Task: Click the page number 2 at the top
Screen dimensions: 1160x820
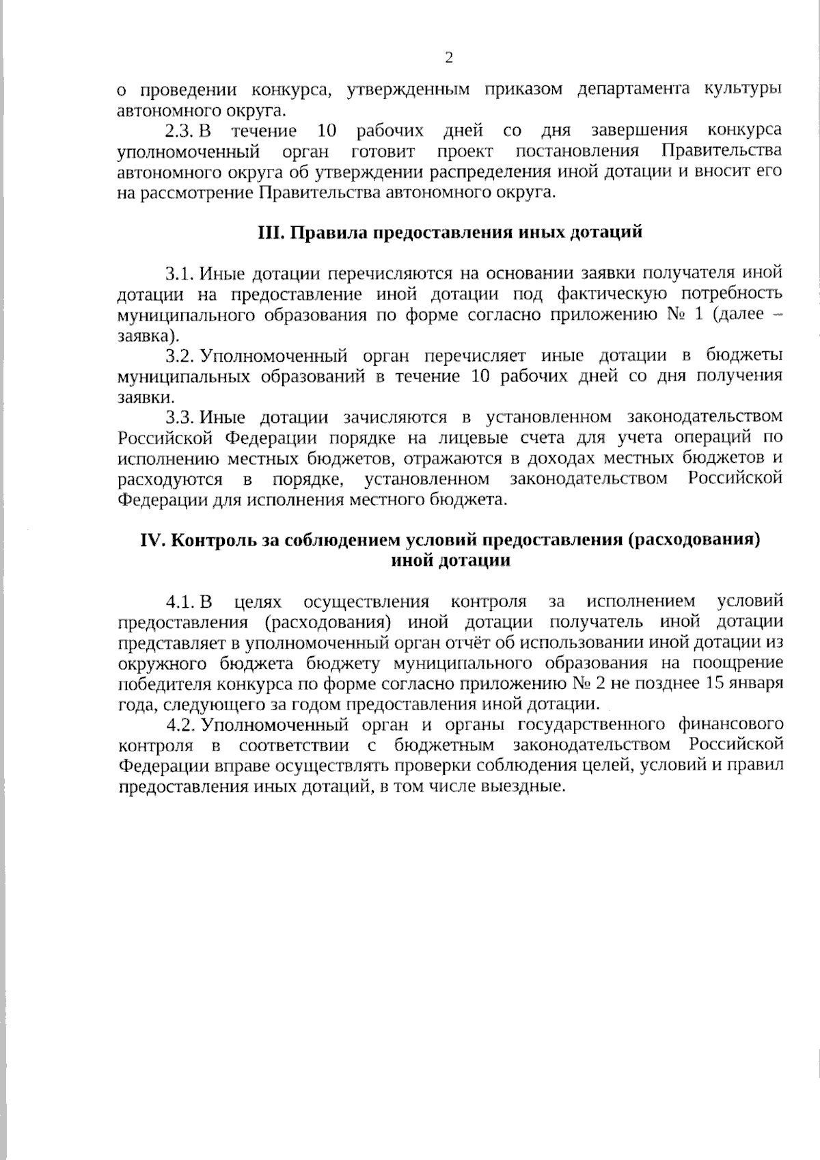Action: click(x=449, y=58)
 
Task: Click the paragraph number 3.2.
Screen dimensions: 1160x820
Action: click(x=180, y=356)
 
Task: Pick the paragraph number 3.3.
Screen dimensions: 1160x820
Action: click(x=180, y=418)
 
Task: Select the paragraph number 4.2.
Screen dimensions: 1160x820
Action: click(x=180, y=725)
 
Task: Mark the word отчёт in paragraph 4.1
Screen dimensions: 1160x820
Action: click(x=438, y=643)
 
